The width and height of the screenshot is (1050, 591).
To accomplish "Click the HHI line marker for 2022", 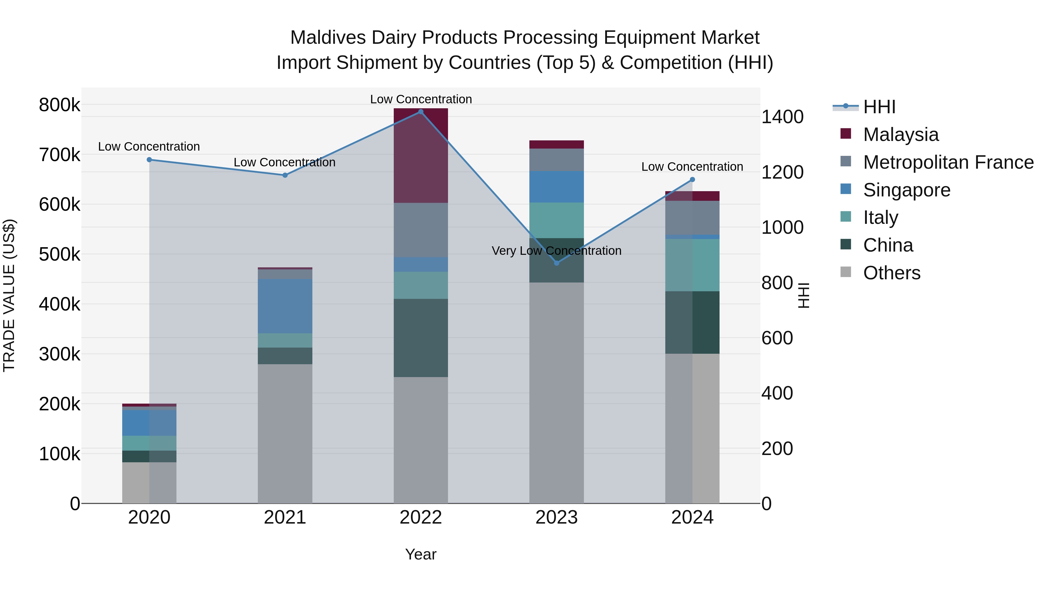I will [x=421, y=112].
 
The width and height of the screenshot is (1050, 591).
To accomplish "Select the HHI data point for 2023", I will [x=557, y=263].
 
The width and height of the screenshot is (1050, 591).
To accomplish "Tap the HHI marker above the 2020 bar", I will [x=149, y=160].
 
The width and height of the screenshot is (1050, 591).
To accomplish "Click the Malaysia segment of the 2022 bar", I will [x=421, y=155].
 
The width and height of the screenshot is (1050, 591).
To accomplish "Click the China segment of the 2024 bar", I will [x=692, y=322].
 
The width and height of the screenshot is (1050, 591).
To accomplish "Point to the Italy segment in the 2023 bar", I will [x=556, y=220].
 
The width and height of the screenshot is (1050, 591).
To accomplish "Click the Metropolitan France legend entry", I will [x=948, y=162].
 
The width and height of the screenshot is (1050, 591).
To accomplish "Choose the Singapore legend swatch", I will [x=846, y=189].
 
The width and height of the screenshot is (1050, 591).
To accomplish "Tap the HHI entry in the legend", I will [x=879, y=107].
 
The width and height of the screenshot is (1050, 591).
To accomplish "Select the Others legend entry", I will [x=891, y=273].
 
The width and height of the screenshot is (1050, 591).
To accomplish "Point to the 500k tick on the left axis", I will [x=60, y=254].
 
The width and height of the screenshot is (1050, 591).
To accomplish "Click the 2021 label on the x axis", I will [x=285, y=517].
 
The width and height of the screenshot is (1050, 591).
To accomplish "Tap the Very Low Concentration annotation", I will [x=556, y=250].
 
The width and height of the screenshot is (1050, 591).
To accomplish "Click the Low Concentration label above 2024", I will [x=692, y=167].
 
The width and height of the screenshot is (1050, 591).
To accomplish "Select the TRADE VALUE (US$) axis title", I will [x=9, y=295].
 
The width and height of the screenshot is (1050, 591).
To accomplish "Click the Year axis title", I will [x=421, y=554].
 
